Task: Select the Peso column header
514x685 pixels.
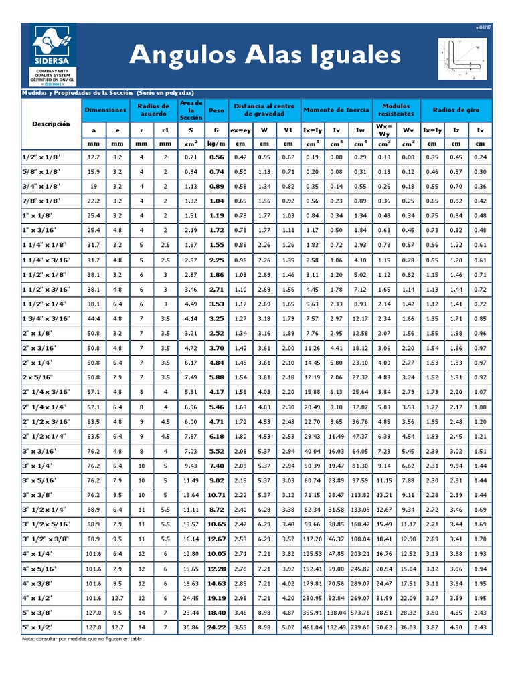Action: point(216,109)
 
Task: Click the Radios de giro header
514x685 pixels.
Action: point(457,109)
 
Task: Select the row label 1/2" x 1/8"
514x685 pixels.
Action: point(41,157)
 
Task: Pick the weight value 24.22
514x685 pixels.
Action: point(216,627)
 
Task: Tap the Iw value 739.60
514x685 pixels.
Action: point(360,627)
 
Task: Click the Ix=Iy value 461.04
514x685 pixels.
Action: point(312,627)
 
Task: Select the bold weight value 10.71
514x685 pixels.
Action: point(216,495)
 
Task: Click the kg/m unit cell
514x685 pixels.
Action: point(216,143)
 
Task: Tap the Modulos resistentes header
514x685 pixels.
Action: point(396,109)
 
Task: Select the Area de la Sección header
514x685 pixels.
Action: point(191,109)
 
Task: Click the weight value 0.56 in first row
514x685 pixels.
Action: point(216,157)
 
